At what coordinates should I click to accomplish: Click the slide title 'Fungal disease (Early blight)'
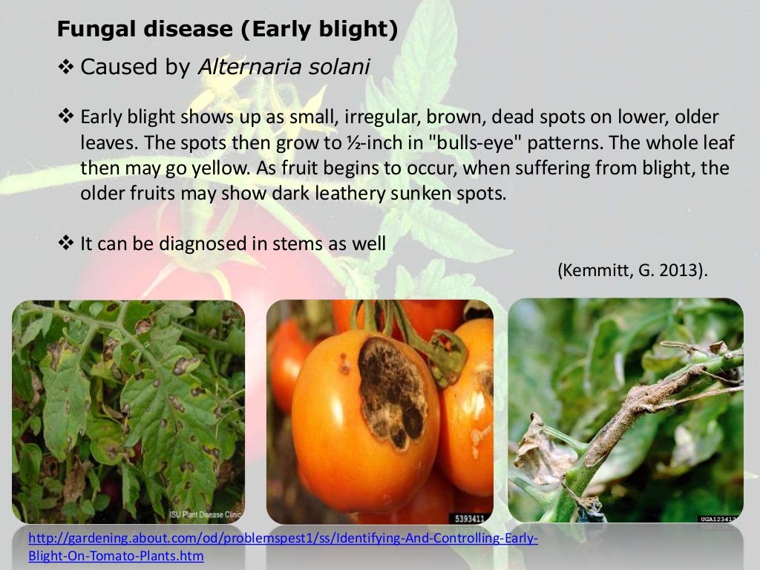(x=228, y=30)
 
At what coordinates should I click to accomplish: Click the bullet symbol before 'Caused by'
(x=66, y=68)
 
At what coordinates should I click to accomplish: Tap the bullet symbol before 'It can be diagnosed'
(x=66, y=243)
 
